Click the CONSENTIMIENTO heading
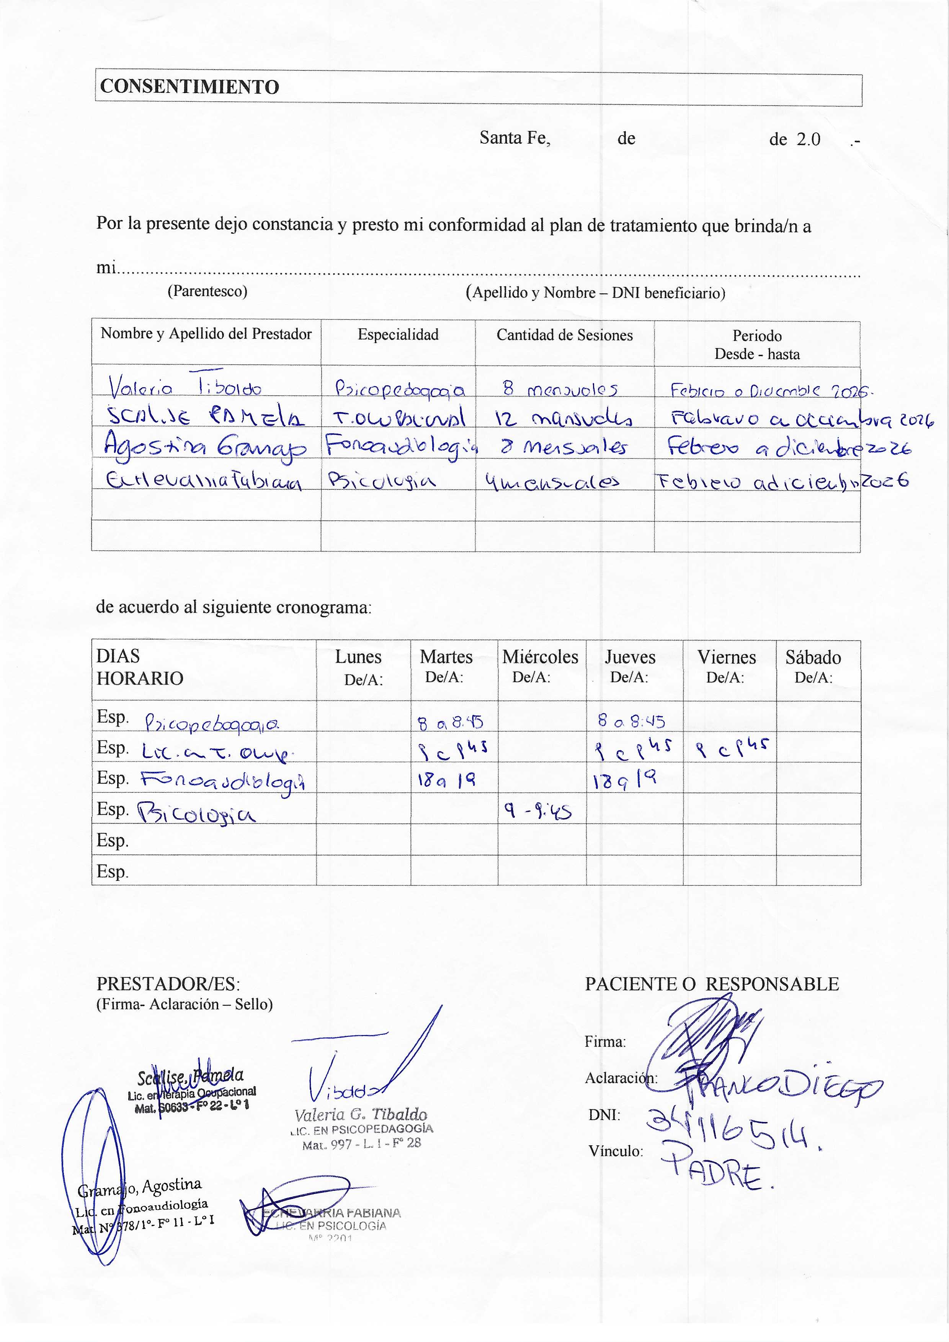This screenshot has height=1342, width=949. (189, 87)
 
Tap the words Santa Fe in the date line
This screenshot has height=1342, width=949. (515, 138)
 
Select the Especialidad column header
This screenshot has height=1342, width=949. (398, 335)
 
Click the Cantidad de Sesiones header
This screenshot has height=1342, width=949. (564, 335)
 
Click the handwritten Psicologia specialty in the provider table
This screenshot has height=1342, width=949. (382, 481)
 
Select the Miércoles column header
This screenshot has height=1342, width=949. (540, 657)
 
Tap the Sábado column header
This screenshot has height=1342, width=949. (813, 657)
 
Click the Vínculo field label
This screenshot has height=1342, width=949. (616, 1151)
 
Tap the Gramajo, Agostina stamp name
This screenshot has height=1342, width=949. (140, 1187)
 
